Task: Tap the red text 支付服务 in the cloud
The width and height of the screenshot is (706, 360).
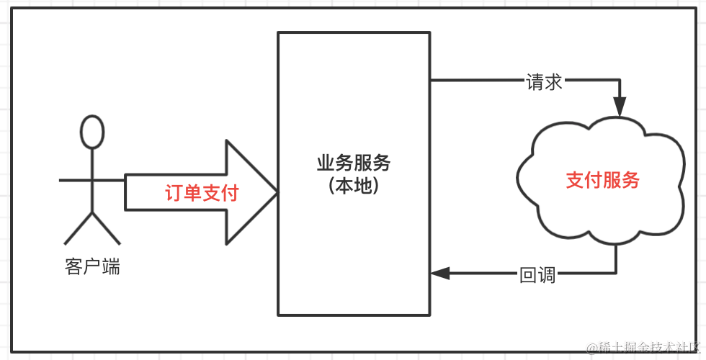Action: pyautogui.click(x=602, y=180)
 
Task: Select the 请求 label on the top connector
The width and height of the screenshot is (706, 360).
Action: pyautogui.click(x=545, y=83)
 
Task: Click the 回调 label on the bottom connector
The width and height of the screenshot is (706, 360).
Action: pyautogui.click(x=537, y=274)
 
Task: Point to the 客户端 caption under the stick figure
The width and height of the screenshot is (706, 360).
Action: pyautogui.click(x=92, y=268)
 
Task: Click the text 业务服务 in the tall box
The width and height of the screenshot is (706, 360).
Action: pyautogui.click(x=354, y=163)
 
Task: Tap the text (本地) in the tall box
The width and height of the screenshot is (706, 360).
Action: pyautogui.click(x=354, y=186)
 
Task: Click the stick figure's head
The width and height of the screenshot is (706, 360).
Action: pyautogui.click(x=92, y=132)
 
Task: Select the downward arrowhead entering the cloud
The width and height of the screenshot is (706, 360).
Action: pyautogui.click(x=618, y=107)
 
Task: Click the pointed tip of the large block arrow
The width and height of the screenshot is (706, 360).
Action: pyautogui.click(x=274, y=193)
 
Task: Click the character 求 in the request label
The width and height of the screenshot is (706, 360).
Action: pyautogui.click(x=553, y=83)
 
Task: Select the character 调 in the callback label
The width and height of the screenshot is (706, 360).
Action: pyautogui.click(x=547, y=274)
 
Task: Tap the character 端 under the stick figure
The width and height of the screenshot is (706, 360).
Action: pyautogui.click(x=111, y=268)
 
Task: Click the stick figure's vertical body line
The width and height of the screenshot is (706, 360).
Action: pyautogui.click(x=92, y=180)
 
